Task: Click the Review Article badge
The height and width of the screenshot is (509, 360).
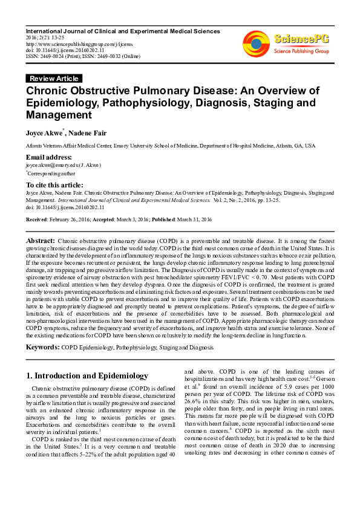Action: pyautogui.click(x=54, y=79)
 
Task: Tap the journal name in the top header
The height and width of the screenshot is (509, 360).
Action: pyautogui.click(x=123, y=31)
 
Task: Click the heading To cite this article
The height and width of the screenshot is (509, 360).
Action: pyautogui.click(x=54, y=185)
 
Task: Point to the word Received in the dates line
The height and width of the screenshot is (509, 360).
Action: pyautogui.click(x=37, y=219)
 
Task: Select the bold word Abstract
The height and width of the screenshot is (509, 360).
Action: pyautogui.click(x=40, y=241)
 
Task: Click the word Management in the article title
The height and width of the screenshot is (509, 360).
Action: pyautogui.click(x=58, y=115)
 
